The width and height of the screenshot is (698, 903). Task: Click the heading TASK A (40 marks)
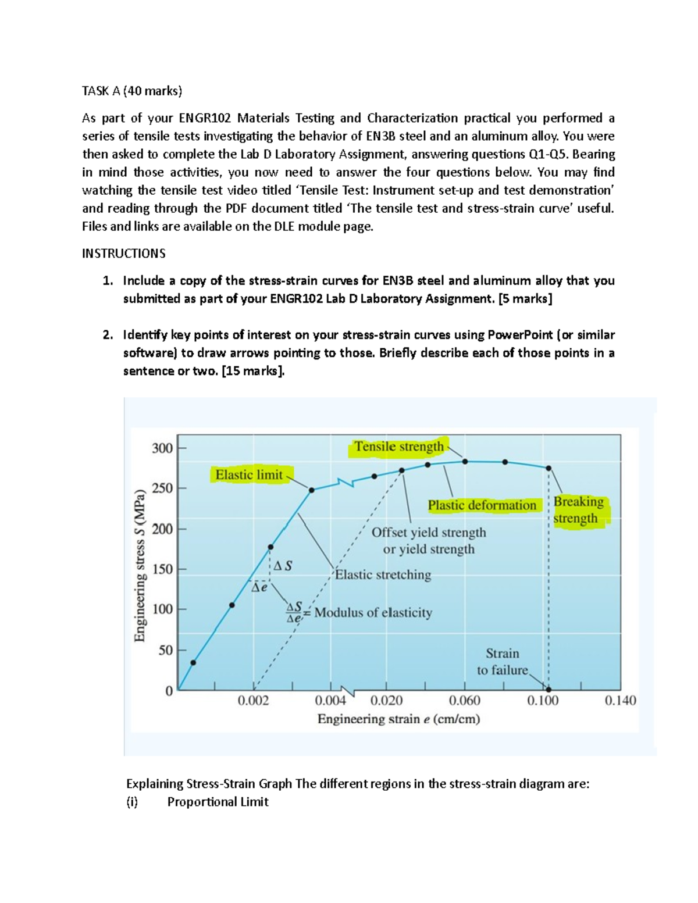132,91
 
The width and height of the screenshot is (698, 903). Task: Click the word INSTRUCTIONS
124,254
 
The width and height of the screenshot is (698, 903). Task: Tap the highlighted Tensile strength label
399,447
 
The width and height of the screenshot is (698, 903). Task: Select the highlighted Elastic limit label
249,475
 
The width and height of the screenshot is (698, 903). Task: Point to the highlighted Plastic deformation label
482,505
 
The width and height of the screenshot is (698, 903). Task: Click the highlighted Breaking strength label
578,510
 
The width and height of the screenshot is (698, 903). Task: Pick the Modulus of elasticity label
373,613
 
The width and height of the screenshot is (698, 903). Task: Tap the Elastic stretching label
383,575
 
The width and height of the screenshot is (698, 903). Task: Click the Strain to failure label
503,662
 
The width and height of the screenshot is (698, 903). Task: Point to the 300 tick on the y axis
162,448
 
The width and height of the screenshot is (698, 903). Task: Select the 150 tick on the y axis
162,569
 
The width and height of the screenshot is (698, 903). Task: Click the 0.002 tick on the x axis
254,701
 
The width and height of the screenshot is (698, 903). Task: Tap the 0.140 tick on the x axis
621,701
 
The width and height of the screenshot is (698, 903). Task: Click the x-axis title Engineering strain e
399,719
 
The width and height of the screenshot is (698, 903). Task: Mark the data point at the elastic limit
312,490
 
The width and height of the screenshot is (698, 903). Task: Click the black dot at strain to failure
549,690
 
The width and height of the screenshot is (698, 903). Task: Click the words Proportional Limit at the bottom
218,802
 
